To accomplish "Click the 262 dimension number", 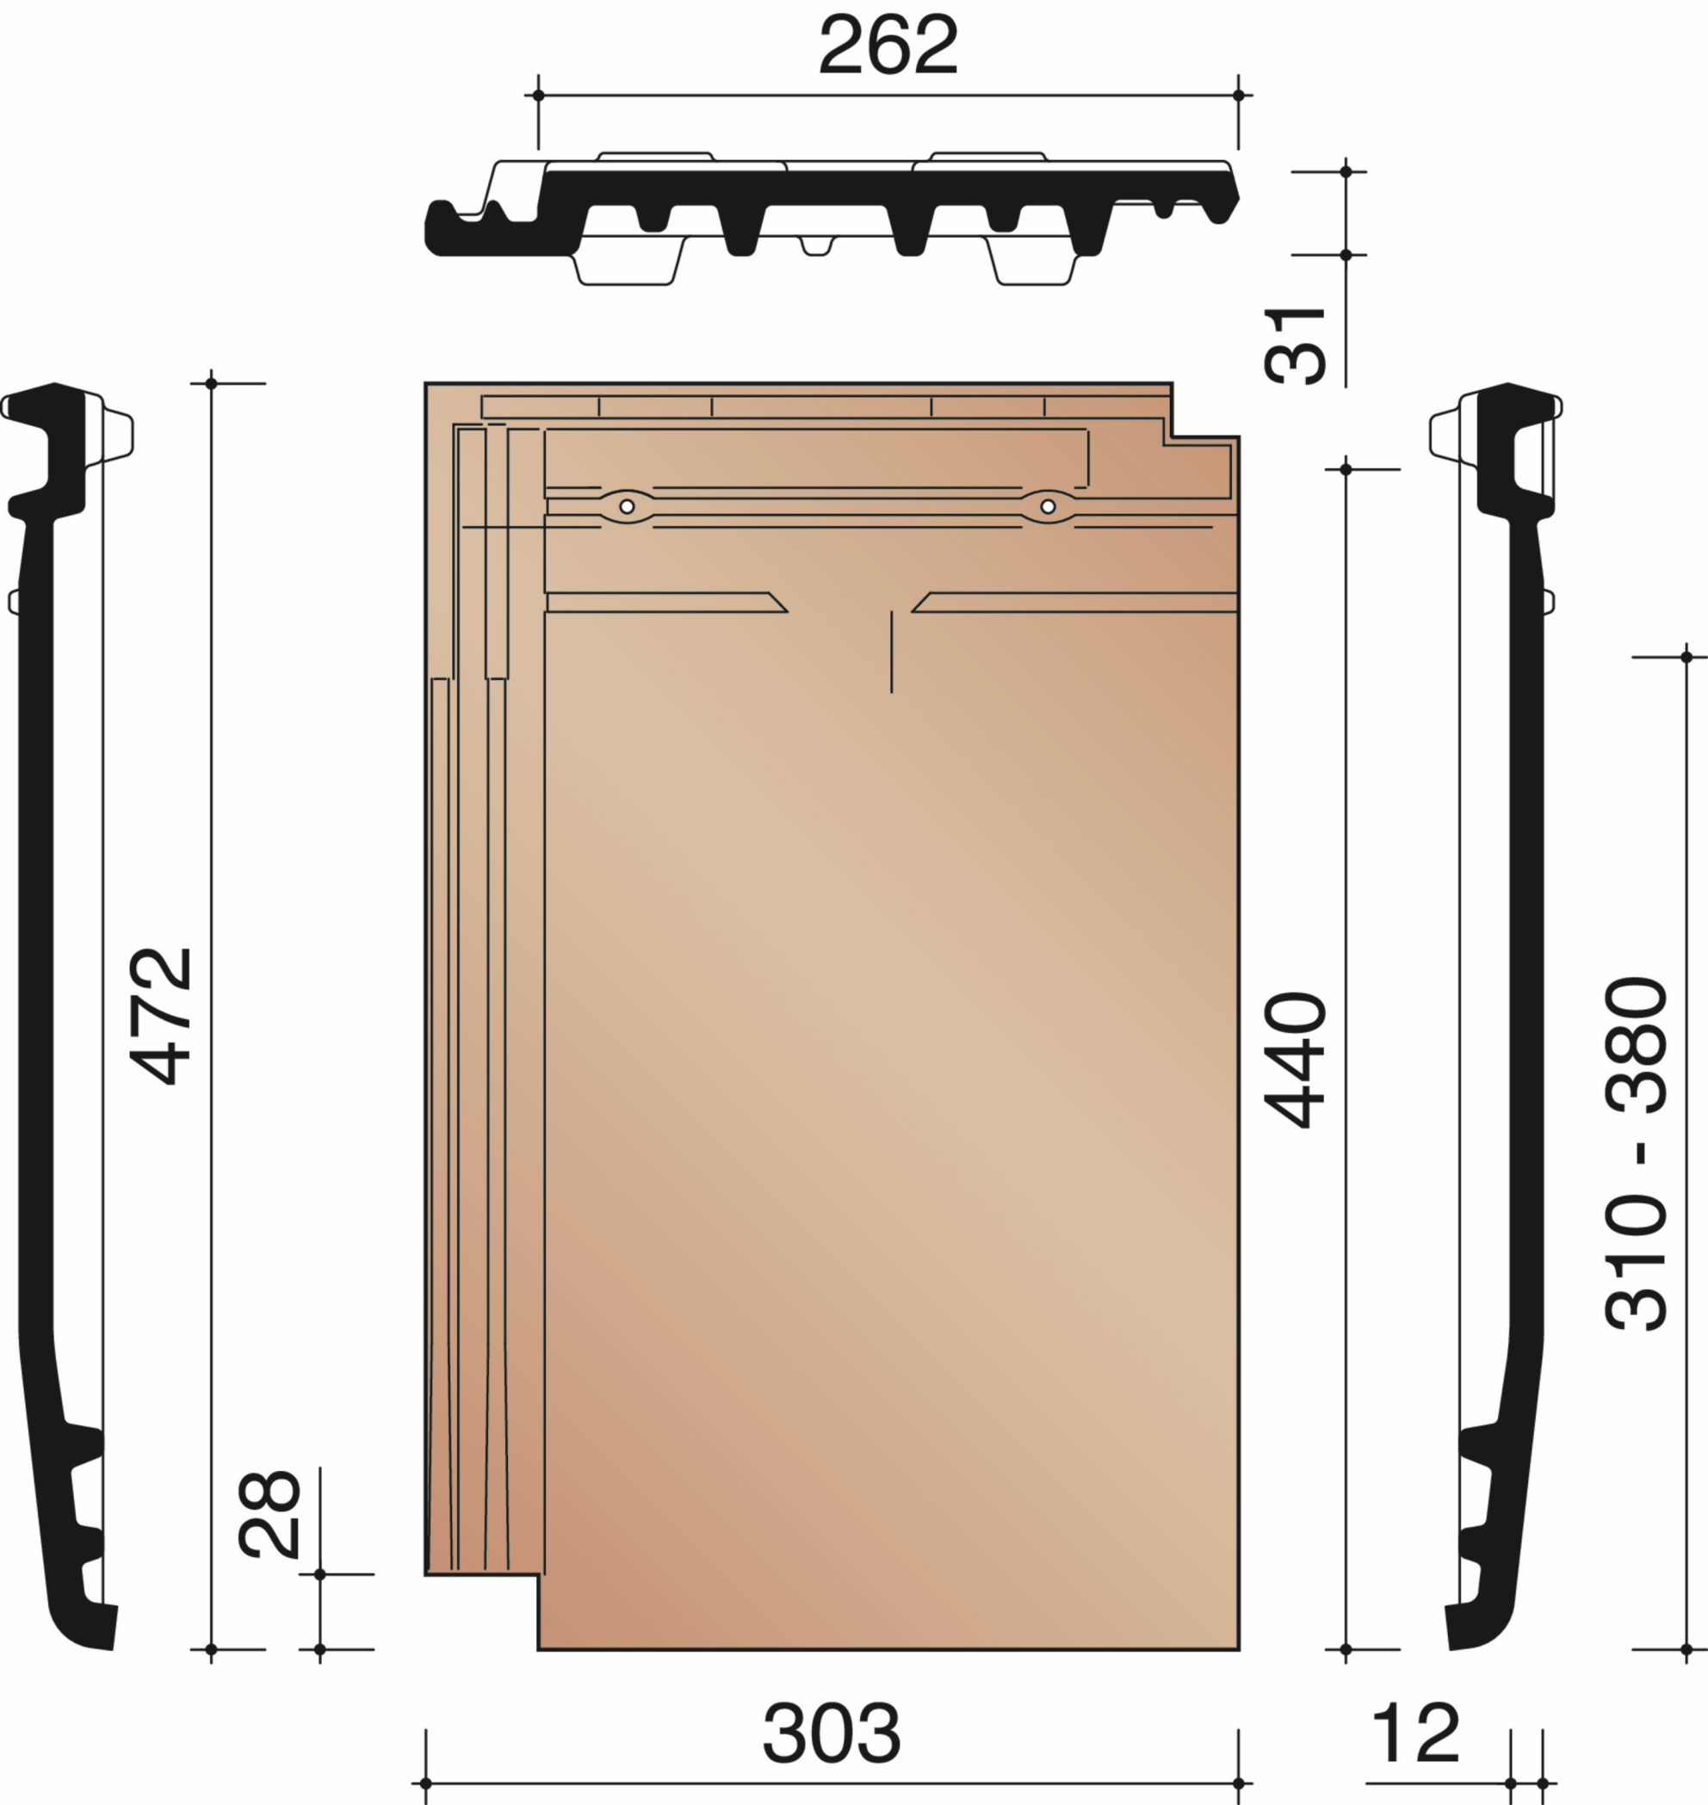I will [888, 46].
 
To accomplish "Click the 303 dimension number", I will [832, 1732].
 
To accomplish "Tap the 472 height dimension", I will [162, 1016].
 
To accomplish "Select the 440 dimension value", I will [1294, 1060].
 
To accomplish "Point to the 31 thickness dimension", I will [1294, 346].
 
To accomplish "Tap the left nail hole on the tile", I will [627, 506].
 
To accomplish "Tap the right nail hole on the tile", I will [1048, 506].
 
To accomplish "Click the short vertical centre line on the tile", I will [891, 652].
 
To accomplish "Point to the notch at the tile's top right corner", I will [1204, 411].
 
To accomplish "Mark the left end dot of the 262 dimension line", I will [538, 95].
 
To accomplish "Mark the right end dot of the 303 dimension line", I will [1238, 1783].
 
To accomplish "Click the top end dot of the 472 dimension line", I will [211, 383].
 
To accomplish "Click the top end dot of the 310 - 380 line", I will [1686, 656].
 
